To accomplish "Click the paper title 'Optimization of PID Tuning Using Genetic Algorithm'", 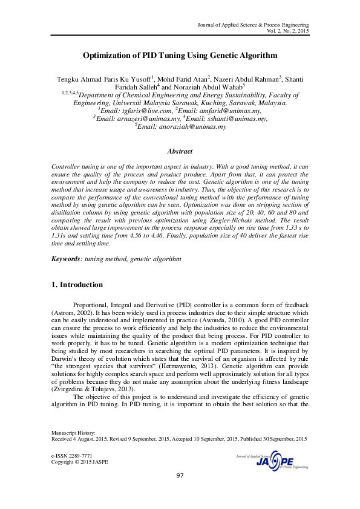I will click(180, 55).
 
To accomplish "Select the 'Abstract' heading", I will click(180, 151).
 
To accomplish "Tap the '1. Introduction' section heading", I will click(76, 285).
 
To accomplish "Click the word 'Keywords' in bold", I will click(65, 259).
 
